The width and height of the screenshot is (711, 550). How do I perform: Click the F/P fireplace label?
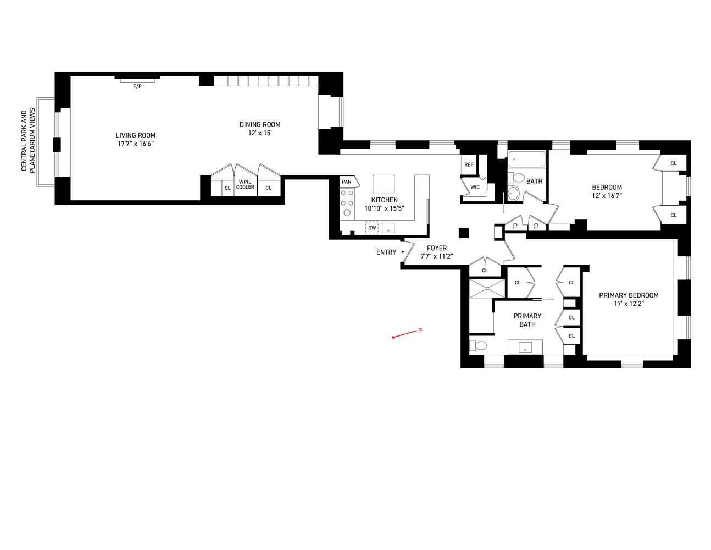coord(137,86)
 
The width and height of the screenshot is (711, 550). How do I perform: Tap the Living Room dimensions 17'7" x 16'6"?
coord(135,144)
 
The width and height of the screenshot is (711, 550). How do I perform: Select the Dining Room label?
coord(260,124)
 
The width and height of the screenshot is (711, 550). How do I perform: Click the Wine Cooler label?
coord(245,184)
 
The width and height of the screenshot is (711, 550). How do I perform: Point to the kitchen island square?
coord(384,184)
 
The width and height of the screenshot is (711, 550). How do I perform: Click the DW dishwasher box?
coord(372,228)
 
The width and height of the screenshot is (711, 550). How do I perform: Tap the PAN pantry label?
coord(346,182)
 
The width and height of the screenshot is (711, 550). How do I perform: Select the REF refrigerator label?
coord(469,164)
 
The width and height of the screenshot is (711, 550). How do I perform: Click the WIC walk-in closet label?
coord(475,187)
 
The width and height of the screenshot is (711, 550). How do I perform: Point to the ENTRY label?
coord(386,252)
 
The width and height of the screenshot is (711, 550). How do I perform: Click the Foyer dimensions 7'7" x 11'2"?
coord(437,256)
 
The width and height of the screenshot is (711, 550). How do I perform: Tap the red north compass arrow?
coord(407,333)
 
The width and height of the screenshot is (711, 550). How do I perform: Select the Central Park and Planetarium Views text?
coord(27,141)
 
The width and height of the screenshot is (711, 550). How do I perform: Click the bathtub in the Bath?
coord(526,159)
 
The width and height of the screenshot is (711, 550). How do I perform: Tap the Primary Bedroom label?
coord(629,295)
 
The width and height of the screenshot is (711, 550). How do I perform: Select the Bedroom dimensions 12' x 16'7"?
coord(607,196)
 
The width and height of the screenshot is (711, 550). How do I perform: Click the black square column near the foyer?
coord(463,233)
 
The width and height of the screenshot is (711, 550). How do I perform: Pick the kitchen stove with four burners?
coord(347,203)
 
